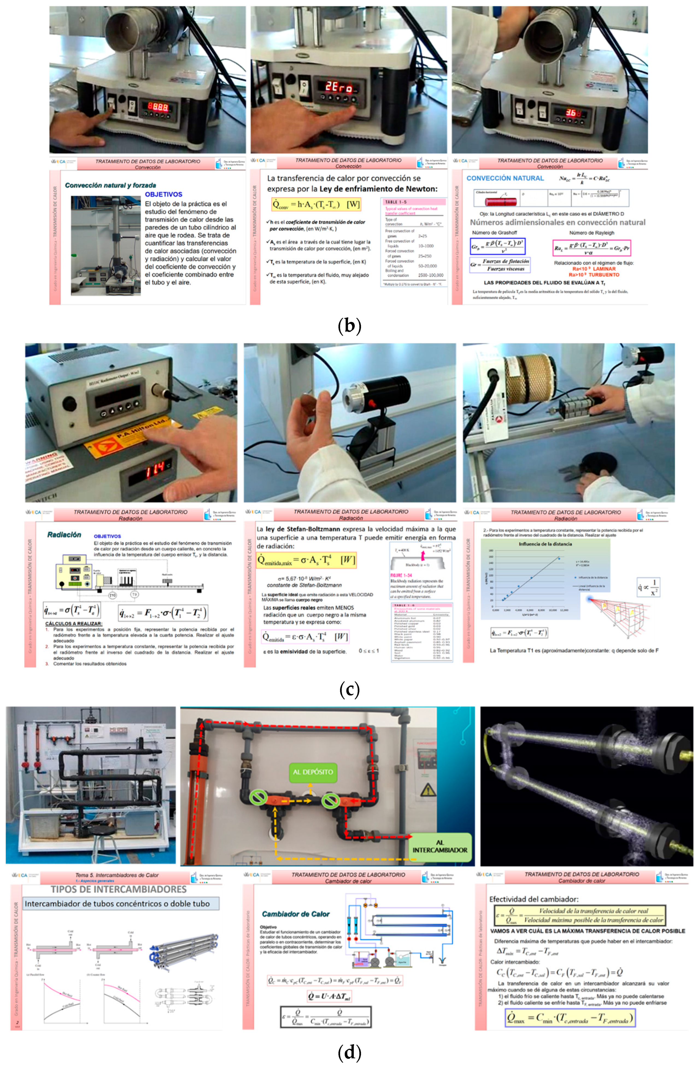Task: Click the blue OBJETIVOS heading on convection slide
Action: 163,194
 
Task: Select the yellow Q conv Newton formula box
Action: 316,204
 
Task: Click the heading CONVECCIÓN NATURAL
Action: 505,178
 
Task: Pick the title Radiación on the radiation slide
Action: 64,534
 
